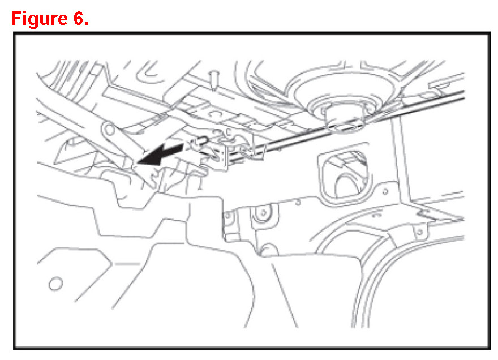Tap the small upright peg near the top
pos(214,78)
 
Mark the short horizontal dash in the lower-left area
pos(130,264)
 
